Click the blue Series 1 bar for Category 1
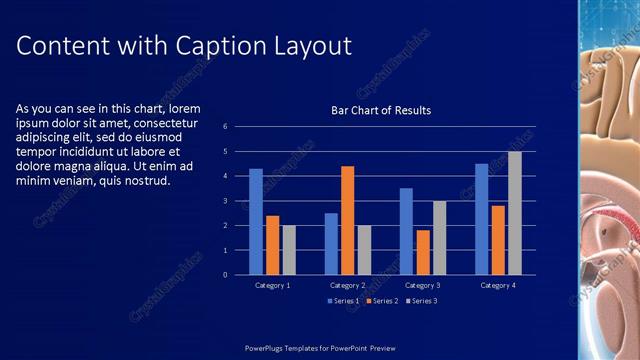pyautogui.click(x=256, y=221)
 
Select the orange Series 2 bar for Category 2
pyautogui.click(x=347, y=220)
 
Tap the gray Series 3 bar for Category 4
pyautogui.click(x=514, y=213)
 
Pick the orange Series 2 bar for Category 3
pyautogui.click(x=423, y=252)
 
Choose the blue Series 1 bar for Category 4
pyautogui.click(x=481, y=219)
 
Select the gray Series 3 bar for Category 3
pyautogui.click(x=439, y=237)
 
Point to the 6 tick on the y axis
pyautogui.click(x=225, y=127)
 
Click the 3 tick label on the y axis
pyautogui.click(x=225, y=201)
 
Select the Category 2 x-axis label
pyautogui.click(x=347, y=285)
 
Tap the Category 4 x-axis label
pyautogui.click(x=497, y=285)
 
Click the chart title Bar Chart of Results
pyautogui.click(x=381, y=110)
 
